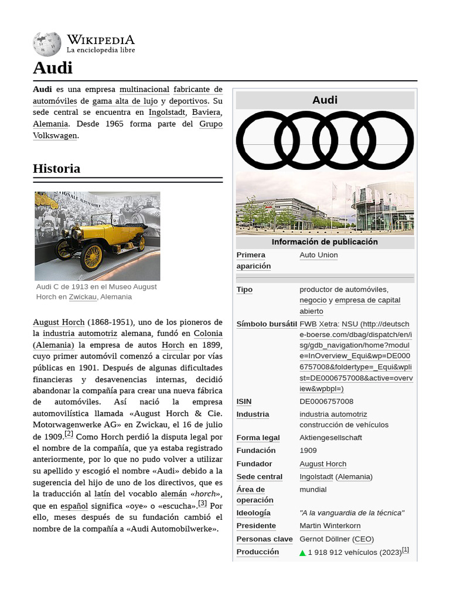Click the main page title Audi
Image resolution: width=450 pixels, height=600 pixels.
[53, 68]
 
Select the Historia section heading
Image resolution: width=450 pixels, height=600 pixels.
[57, 169]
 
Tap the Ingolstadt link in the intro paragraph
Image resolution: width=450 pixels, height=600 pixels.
[167, 112]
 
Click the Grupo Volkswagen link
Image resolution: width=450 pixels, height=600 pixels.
[128, 129]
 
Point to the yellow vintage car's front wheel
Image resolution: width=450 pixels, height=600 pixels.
[91, 257]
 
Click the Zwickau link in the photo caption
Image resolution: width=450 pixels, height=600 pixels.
[82, 297]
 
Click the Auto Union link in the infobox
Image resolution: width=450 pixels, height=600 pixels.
[318, 255]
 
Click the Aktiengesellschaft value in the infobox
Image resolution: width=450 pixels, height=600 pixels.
[330, 438]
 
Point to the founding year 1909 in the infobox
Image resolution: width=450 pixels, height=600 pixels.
[308, 451]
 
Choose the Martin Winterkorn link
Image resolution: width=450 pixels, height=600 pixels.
[330, 526]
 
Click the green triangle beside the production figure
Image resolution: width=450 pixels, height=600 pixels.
[303, 553]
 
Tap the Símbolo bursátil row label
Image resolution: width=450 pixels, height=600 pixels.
[267, 324]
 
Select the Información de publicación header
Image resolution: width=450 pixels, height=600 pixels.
[325, 242]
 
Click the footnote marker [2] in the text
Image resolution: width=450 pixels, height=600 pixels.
[69, 434]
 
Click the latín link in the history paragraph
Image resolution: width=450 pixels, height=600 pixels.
[103, 494]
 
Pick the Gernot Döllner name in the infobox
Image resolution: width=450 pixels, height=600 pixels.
[325, 539]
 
